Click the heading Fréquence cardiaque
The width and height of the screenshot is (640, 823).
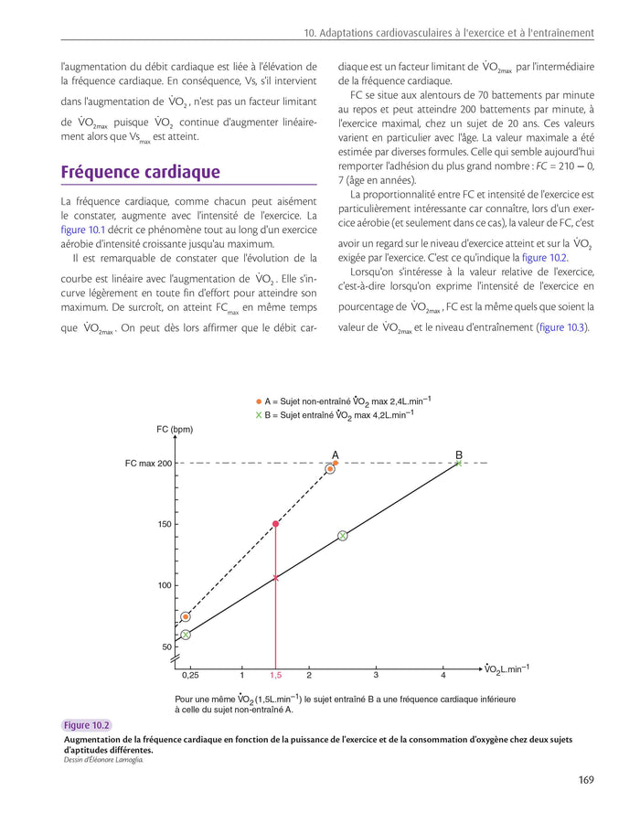(x=140, y=173)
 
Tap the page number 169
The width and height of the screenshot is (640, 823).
(x=586, y=780)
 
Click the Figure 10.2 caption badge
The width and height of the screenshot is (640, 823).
(x=87, y=726)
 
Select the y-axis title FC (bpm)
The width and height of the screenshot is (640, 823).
(x=175, y=429)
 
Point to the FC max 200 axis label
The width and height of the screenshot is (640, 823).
(x=148, y=464)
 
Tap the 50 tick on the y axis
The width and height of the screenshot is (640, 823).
(x=166, y=647)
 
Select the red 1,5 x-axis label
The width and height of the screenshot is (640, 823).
(x=275, y=676)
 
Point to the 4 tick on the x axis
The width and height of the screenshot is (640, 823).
(x=443, y=676)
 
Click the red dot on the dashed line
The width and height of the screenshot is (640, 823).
(x=276, y=524)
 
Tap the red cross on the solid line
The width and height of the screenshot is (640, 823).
(x=276, y=577)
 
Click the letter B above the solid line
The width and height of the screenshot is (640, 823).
(x=459, y=454)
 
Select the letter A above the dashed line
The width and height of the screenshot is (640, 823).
(x=336, y=454)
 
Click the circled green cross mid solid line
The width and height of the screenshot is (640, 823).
(x=342, y=536)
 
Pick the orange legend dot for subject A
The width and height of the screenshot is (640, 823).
(x=259, y=401)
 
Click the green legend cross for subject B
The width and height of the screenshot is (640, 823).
(x=259, y=415)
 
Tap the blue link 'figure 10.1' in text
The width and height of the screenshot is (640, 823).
(x=83, y=230)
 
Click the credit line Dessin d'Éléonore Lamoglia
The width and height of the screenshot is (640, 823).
(x=103, y=760)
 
